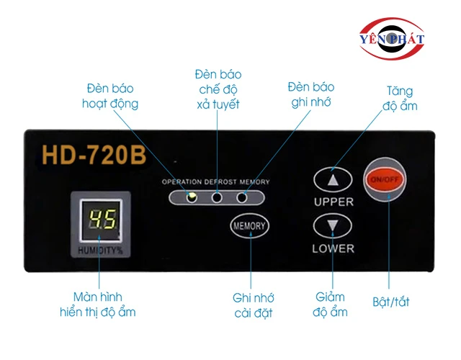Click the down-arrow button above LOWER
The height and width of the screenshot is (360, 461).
point(333,227)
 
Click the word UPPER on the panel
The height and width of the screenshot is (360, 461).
point(334,202)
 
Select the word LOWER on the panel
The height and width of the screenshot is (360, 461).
point(333,248)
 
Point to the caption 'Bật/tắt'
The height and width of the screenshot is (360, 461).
point(390,302)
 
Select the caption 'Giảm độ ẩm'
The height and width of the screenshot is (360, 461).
point(331,305)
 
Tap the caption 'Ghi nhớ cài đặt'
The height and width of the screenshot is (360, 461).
point(254,305)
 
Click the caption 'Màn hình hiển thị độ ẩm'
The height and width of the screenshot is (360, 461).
point(97,304)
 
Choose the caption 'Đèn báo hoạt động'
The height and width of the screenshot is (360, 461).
point(109,96)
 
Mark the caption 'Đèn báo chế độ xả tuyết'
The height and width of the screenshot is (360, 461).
point(218,89)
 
